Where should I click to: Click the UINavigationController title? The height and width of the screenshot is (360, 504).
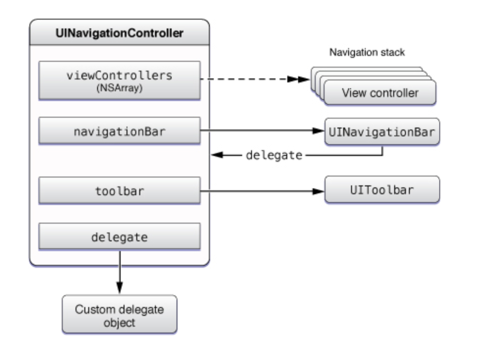[119, 33]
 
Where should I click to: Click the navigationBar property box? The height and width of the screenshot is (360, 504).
[119, 131]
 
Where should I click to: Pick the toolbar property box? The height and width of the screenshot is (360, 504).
[119, 190]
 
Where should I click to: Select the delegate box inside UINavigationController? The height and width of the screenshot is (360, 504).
[119, 237]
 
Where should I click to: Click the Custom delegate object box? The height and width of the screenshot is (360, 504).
[119, 316]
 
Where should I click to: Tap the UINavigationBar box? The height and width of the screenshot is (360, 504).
[382, 131]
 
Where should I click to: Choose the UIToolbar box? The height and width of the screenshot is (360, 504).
[382, 190]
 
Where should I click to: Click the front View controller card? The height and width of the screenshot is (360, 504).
[380, 93]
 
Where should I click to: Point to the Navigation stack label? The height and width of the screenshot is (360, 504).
[367, 52]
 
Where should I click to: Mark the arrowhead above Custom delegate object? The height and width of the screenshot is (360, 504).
[119, 288]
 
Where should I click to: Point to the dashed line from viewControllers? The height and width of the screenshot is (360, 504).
[245, 79]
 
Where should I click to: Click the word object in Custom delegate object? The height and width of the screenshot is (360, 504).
[119, 323]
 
